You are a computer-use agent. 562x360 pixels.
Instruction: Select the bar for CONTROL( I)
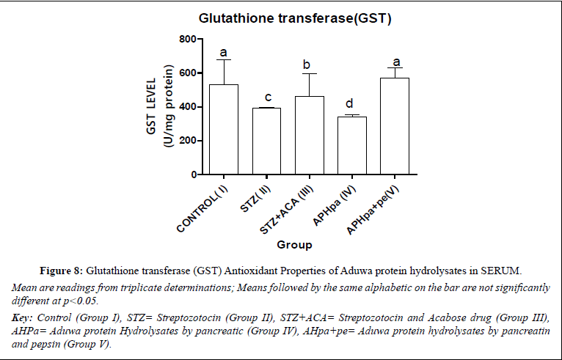click(x=224, y=129)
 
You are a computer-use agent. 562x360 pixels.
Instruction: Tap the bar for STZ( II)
click(x=267, y=141)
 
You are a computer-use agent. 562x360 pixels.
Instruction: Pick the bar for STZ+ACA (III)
click(x=310, y=135)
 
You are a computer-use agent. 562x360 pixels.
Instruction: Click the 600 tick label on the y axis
click(x=188, y=73)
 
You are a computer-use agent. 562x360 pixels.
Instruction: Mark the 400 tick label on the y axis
click(x=188, y=107)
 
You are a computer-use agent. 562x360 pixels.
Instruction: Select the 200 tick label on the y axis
click(x=188, y=141)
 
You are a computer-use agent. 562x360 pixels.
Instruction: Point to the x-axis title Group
click(x=293, y=244)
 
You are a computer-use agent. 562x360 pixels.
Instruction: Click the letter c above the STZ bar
click(x=267, y=97)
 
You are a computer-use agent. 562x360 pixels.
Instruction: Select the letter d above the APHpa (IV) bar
click(x=351, y=103)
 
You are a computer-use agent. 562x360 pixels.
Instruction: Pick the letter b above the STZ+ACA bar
click(x=307, y=65)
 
